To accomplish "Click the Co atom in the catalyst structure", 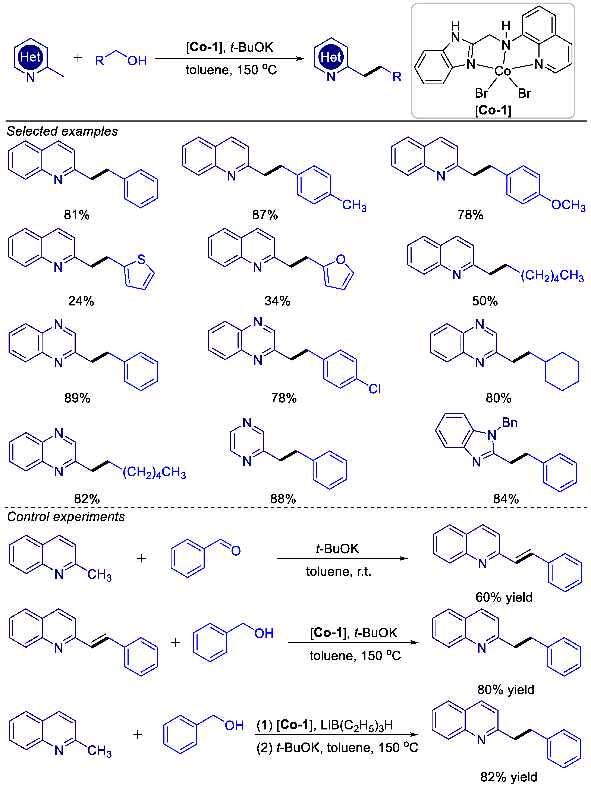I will click(502, 71).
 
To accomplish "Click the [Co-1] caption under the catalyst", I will click(493, 110).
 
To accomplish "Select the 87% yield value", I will click(265, 215).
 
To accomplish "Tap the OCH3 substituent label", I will click(568, 205).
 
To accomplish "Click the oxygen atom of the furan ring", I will click(340, 259).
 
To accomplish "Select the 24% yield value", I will click(81, 301).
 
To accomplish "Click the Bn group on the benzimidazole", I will click(509, 423).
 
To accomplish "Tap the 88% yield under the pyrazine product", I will click(283, 499).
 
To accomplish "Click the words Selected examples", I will click(62, 131).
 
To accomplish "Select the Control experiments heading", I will click(66, 517).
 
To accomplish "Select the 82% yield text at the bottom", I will click(509, 777).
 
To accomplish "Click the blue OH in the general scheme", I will click(137, 61).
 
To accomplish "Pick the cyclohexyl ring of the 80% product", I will click(562, 371).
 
